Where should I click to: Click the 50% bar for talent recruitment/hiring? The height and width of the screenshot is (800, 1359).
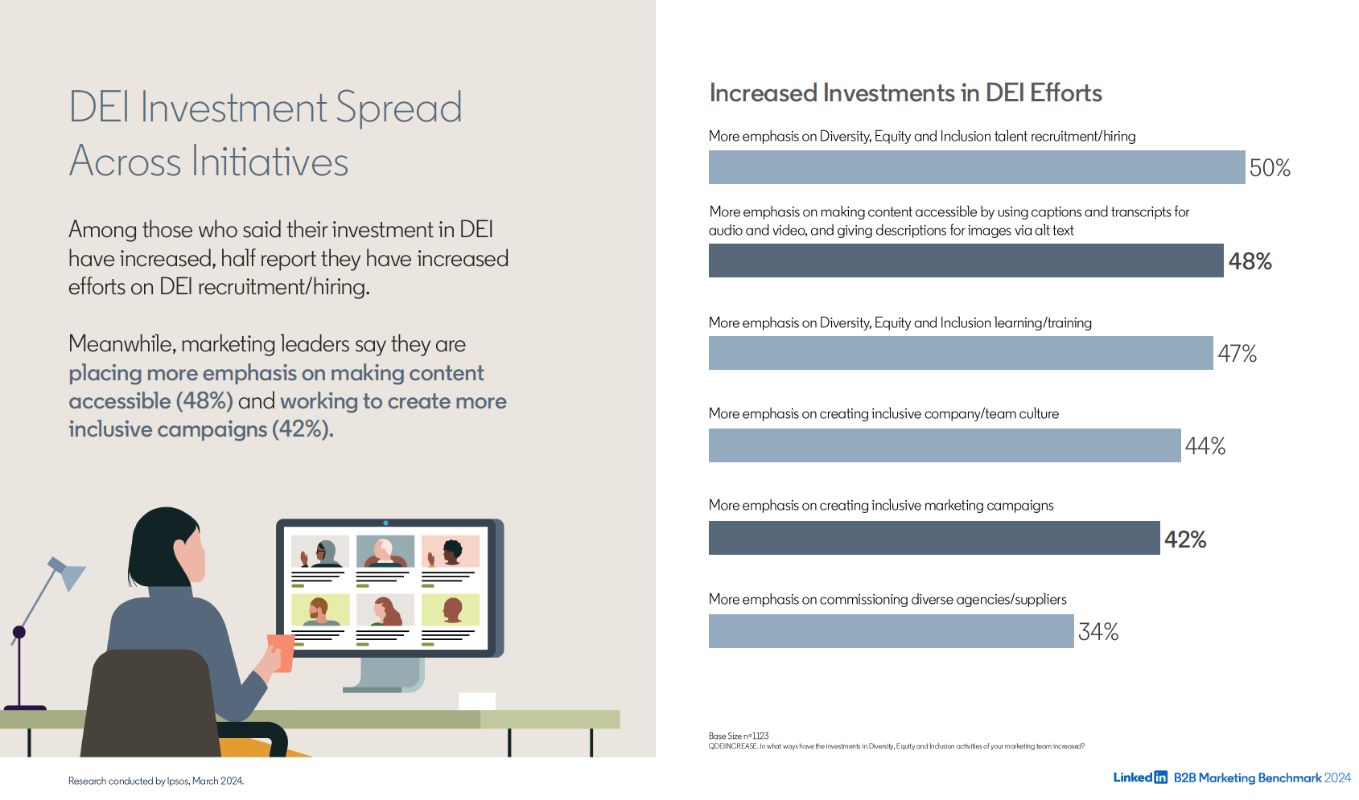[x=976, y=167]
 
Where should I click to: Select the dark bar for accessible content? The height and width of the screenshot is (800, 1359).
[x=966, y=261]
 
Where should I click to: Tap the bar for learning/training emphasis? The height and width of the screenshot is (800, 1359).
[x=960, y=353]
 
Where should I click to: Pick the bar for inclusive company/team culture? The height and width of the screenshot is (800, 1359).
[x=944, y=445]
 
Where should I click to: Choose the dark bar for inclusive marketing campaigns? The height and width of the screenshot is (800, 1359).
[x=933, y=538]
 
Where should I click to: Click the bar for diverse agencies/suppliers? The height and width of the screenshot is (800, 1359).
[x=891, y=631]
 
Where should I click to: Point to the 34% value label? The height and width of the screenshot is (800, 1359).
[x=1098, y=632]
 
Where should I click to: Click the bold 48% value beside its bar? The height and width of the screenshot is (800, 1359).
[x=1250, y=261]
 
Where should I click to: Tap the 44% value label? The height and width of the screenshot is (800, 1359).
[x=1205, y=446]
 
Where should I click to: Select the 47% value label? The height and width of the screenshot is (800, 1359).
[x=1237, y=354]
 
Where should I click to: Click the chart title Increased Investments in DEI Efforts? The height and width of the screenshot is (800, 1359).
[x=905, y=93]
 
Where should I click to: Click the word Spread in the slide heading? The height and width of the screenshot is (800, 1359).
[x=398, y=109]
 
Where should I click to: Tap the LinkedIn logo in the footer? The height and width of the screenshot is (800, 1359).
[x=1139, y=777]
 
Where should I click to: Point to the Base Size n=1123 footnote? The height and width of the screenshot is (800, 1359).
[x=738, y=736]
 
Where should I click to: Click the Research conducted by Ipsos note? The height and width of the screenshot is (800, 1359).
[x=155, y=781]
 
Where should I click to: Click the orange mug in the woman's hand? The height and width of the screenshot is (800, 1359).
[x=282, y=651]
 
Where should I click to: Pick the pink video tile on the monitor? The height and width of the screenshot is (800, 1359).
[x=451, y=552]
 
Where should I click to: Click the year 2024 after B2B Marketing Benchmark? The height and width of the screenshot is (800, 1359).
[x=1337, y=777]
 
